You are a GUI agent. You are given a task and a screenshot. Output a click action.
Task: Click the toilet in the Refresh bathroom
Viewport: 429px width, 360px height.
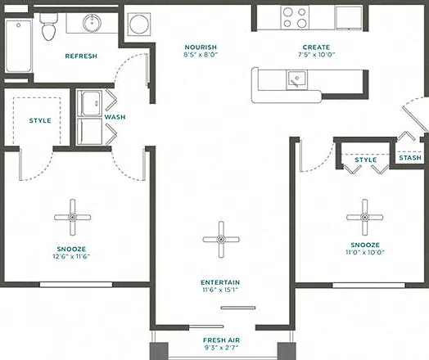[49, 26]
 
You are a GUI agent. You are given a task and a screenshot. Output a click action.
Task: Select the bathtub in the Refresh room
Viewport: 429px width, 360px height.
[19, 46]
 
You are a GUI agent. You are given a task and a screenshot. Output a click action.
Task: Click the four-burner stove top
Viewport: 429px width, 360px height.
[295, 17]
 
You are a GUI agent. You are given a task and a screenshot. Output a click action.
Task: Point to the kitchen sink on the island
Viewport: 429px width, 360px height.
[297, 79]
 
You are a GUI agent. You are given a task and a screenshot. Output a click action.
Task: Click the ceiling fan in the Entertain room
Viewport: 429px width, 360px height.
[221, 240]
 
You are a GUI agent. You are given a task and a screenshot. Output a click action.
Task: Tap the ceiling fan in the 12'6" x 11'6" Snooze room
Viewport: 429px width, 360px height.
[73, 218]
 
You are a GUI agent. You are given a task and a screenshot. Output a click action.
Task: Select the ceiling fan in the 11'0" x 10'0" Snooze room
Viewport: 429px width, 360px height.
[364, 218]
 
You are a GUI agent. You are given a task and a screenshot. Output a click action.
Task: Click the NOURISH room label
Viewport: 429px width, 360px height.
[201, 47]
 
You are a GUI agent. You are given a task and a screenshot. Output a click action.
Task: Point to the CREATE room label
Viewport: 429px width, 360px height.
[316, 47]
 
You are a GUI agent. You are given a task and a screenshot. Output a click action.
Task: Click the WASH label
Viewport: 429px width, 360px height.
[115, 117]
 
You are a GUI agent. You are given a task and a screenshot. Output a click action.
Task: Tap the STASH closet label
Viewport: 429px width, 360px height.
[410, 158]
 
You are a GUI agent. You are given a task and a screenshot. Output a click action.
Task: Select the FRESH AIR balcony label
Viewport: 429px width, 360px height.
[221, 340]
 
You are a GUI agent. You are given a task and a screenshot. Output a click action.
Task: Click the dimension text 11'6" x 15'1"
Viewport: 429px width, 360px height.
[220, 290]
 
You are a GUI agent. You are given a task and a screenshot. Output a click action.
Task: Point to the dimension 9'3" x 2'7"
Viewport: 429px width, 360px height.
[221, 348]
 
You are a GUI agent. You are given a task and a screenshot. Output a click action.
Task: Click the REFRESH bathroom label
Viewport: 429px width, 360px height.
[81, 56]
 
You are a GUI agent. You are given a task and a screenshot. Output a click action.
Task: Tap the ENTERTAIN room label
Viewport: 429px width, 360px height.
[220, 282]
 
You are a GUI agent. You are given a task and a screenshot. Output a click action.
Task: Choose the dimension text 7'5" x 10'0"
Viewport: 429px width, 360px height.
[316, 55]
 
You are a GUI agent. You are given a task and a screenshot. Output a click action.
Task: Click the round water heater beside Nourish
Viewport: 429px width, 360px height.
[139, 24]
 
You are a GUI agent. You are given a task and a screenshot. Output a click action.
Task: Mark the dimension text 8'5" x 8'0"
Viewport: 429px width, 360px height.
[201, 55]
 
